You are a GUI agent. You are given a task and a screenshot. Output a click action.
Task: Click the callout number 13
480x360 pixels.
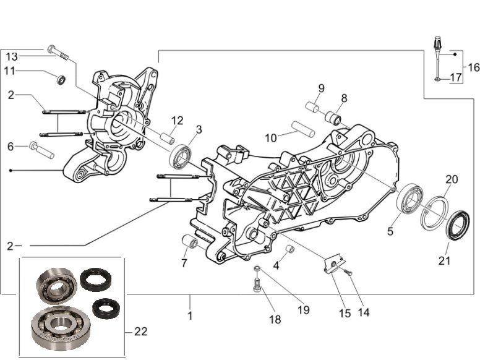[x=12, y=56]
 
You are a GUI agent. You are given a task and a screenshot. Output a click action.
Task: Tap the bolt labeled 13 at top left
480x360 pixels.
[x=59, y=54]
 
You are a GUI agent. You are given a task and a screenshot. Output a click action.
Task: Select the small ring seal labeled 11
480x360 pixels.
[x=61, y=79]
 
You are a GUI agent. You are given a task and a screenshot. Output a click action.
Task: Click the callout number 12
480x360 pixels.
[x=178, y=120]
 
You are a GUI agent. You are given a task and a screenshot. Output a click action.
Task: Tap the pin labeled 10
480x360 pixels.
[x=304, y=131]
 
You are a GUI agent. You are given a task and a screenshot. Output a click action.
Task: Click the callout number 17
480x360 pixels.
[x=455, y=78]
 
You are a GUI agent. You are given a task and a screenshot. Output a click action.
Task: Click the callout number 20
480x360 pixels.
[x=452, y=179]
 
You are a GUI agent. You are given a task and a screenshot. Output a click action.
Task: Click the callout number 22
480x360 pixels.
[x=141, y=332]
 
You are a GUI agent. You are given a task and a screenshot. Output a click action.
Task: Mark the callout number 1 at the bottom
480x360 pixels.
[x=190, y=315]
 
